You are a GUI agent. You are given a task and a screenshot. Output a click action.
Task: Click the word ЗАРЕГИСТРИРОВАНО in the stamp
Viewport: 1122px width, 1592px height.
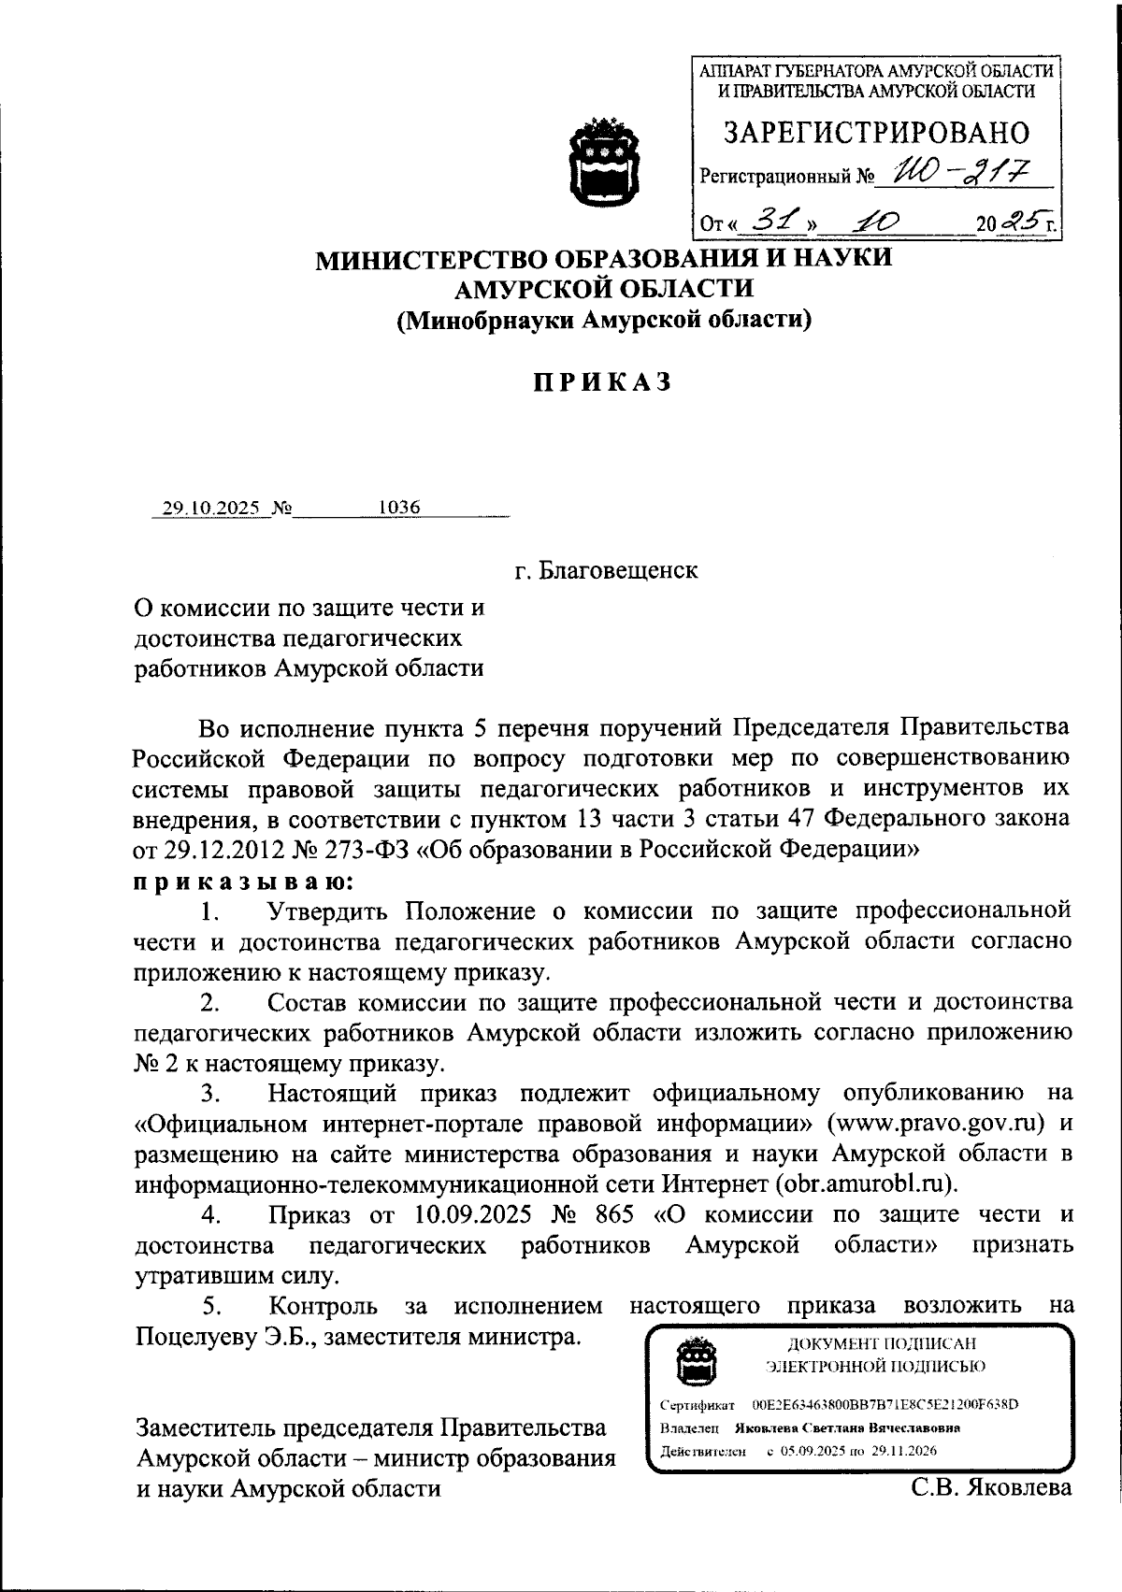(876, 133)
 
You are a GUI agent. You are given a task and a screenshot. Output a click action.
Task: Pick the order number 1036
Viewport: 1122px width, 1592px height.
(399, 508)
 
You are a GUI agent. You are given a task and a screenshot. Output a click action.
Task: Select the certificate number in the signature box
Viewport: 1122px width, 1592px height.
(885, 1404)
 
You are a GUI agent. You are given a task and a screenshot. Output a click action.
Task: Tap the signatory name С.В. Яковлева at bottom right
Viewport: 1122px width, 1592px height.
(992, 1486)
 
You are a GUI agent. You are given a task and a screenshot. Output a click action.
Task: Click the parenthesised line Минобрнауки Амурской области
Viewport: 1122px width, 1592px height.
(602, 320)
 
